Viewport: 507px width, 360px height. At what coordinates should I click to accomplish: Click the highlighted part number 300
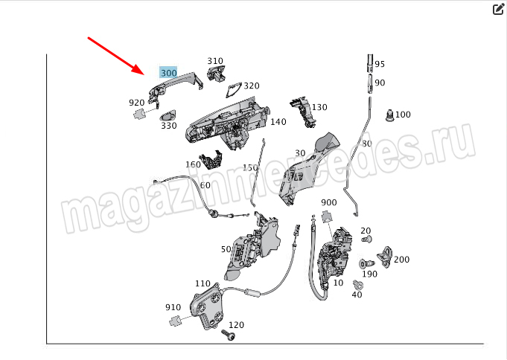(x=168, y=73)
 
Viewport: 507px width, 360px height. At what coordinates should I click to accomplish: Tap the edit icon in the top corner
(x=498, y=10)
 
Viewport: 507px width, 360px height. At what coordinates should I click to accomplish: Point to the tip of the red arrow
(x=144, y=74)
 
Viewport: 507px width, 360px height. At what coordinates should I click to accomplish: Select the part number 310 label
(x=215, y=61)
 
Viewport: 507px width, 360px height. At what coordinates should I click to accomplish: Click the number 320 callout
(x=251, y=86)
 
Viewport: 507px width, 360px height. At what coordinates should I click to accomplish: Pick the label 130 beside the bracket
(x=319, y=107)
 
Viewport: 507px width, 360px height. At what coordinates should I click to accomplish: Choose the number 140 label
(x=278, y=122)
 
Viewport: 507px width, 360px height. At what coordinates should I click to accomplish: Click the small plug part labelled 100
(x=390, y=115)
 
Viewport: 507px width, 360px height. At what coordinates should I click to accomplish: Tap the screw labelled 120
(x=229, y=335)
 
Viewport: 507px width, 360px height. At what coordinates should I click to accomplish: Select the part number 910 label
(x=173, y=307)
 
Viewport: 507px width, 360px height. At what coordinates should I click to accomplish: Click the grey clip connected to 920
(x=140, y=114)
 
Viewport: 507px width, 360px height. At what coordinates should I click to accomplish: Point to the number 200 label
(x=401, y=259)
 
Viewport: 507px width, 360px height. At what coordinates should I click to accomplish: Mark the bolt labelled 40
(x=358, y=285)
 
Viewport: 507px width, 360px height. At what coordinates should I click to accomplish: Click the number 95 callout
(x=380, y=64)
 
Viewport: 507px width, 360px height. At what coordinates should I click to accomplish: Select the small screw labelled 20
(x=367, y=240)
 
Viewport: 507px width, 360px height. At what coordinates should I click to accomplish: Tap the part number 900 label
(x=329, y=202)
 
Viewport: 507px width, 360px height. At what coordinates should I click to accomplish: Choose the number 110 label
(x=203, y=283)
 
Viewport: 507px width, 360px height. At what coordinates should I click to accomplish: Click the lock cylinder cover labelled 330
(x=168, y=115)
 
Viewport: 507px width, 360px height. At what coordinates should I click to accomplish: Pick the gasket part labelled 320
(x=234, y=89)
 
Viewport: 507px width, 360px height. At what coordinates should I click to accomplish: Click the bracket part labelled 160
(x=211, y=160)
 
